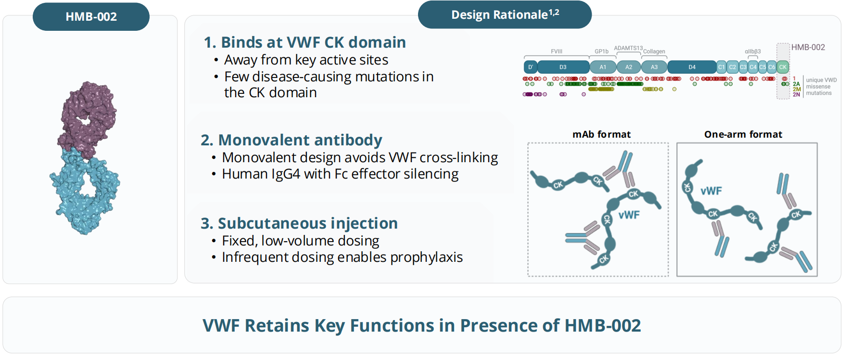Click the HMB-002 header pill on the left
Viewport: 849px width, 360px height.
pos(91,17)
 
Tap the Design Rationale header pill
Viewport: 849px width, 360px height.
pos(505,15)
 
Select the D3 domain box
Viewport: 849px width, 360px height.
pos(563,67)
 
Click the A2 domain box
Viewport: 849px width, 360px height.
pos(629,67)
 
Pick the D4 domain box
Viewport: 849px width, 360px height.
pos(692,67)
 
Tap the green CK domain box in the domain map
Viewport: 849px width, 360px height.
pos(783,67)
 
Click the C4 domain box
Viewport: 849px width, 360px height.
pos(753,67)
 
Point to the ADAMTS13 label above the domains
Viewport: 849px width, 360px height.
pos(628,48)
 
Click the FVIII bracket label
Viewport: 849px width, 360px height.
pos(557,51)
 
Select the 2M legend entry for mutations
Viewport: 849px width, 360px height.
pos(797,89)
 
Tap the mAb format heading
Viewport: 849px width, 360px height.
pos(601,135)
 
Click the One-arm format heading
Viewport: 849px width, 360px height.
pos(743,135)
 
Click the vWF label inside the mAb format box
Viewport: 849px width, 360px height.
pos(629,215)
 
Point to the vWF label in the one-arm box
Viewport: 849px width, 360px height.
pos(711,191)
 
